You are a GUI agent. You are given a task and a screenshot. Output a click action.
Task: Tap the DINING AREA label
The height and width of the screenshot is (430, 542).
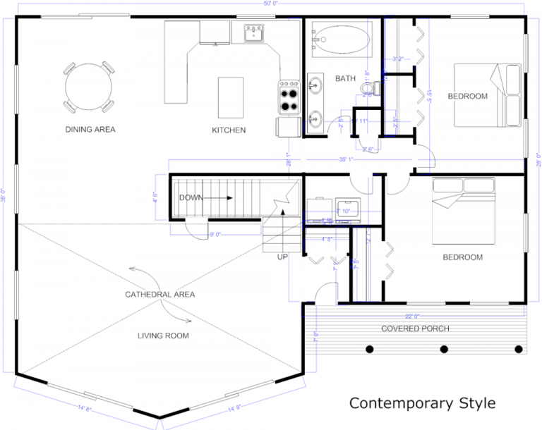90,130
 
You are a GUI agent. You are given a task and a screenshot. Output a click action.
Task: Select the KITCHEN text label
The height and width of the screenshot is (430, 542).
229,130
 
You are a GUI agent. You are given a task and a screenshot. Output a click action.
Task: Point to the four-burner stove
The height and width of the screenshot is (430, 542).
289,97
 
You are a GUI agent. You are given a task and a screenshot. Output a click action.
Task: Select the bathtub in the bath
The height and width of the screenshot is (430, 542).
341,40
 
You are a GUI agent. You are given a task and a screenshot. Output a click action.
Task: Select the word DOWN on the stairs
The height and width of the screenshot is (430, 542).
191,198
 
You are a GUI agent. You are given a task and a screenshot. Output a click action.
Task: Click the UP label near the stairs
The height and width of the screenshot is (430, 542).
282,257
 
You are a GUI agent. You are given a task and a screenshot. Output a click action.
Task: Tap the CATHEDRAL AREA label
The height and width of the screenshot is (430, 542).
159,294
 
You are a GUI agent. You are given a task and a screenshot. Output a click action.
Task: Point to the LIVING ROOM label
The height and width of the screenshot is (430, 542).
163,336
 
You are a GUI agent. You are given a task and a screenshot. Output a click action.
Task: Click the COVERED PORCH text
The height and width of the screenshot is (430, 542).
415,328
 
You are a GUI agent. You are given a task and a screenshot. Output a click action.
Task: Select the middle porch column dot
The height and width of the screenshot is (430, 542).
444,349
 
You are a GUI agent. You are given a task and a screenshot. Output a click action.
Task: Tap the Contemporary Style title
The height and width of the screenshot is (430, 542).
423,403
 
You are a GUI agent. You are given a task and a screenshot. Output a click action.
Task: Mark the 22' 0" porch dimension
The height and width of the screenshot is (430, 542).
412,316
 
